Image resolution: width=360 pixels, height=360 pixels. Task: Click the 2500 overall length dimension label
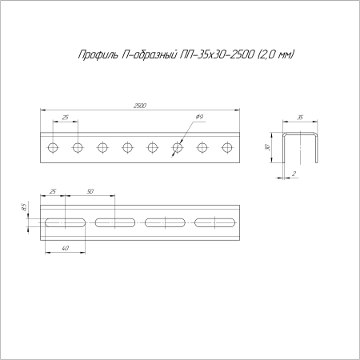[140, 106]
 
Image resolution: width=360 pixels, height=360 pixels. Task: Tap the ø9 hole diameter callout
[199, 117]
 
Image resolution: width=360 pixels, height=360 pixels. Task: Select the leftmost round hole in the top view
[53, 147]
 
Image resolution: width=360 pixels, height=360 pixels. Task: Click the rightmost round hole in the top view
[227, 147]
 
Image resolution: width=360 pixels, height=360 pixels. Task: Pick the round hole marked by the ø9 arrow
[178, 147]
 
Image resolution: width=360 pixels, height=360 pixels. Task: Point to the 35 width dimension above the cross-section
[300, 118]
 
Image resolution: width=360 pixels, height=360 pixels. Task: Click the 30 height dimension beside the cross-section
[268, 147]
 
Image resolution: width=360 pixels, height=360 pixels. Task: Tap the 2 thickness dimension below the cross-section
[294, 174]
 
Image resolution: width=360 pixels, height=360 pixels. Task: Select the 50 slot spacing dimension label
[90, 191]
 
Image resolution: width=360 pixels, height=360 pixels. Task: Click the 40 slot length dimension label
[65, 248]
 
